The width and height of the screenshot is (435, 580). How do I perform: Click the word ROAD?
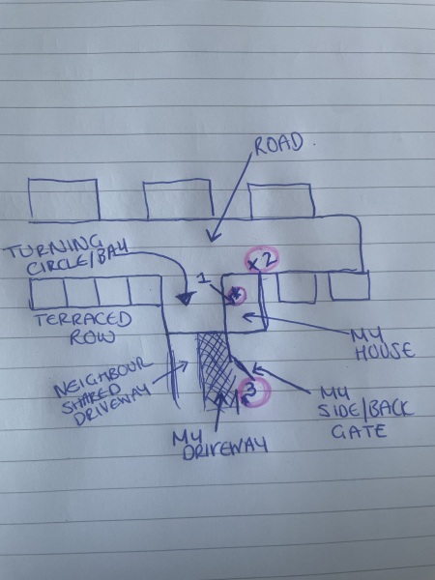(278, 143)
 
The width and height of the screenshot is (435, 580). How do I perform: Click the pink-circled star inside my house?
(236, 295)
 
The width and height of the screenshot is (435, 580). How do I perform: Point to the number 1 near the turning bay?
(202, 278)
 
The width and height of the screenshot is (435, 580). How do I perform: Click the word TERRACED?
(84, 320)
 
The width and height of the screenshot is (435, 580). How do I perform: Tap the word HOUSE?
(385, 351)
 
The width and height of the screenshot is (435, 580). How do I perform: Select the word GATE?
(359, 432)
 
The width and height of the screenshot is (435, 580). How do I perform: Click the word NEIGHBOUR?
(102, 376)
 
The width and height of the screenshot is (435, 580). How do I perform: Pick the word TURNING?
(55, 247)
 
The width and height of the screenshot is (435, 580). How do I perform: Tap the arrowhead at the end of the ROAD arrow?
(213, 236)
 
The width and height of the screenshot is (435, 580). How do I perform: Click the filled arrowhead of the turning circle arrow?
(186, 298)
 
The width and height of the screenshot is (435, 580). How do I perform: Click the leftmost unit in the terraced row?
(48, 294)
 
